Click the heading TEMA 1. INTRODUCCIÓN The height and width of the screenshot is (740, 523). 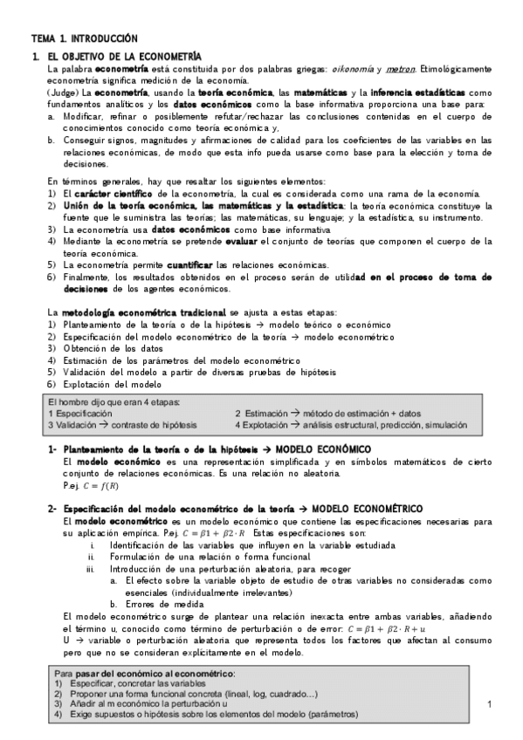pyautogui.click(x=85, y=38)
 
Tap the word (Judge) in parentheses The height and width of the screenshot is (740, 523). pyautogui.click(x=60, y=92)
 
